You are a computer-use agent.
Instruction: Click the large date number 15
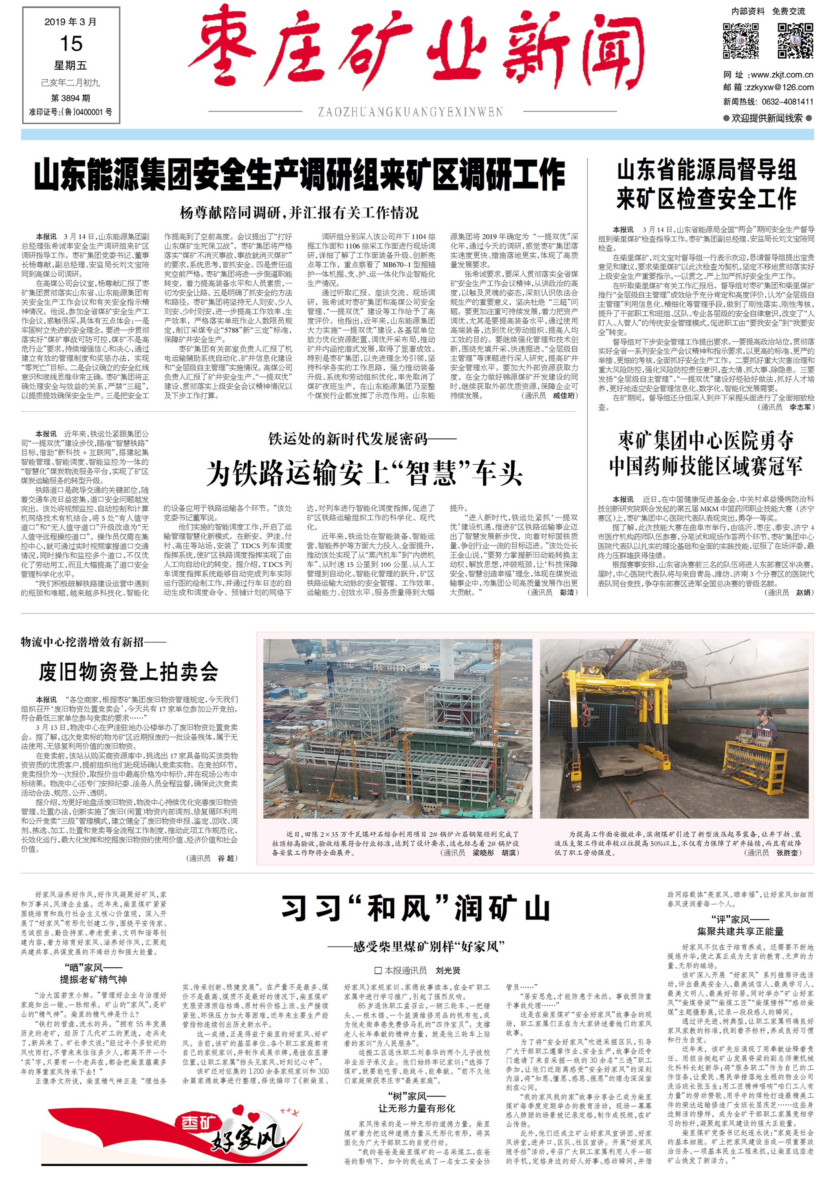click(x=71, y=44)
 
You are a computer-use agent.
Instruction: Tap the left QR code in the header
click(x=740, y=40)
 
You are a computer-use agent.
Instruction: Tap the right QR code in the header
click(x=796, y=40)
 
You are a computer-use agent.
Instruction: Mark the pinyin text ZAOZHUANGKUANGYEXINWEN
click(x=410, y=112)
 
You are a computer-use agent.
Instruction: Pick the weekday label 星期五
click(x=71, y=66)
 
